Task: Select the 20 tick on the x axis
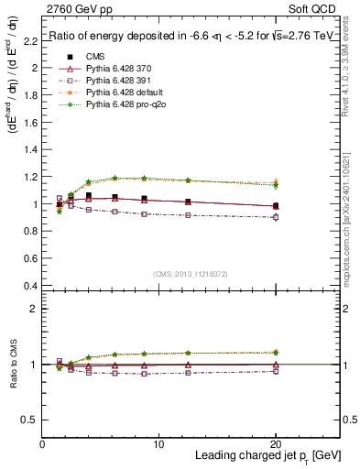pos(277,444)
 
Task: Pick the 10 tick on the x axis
pos(159,444)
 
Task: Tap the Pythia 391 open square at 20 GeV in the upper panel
pos(277,217)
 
